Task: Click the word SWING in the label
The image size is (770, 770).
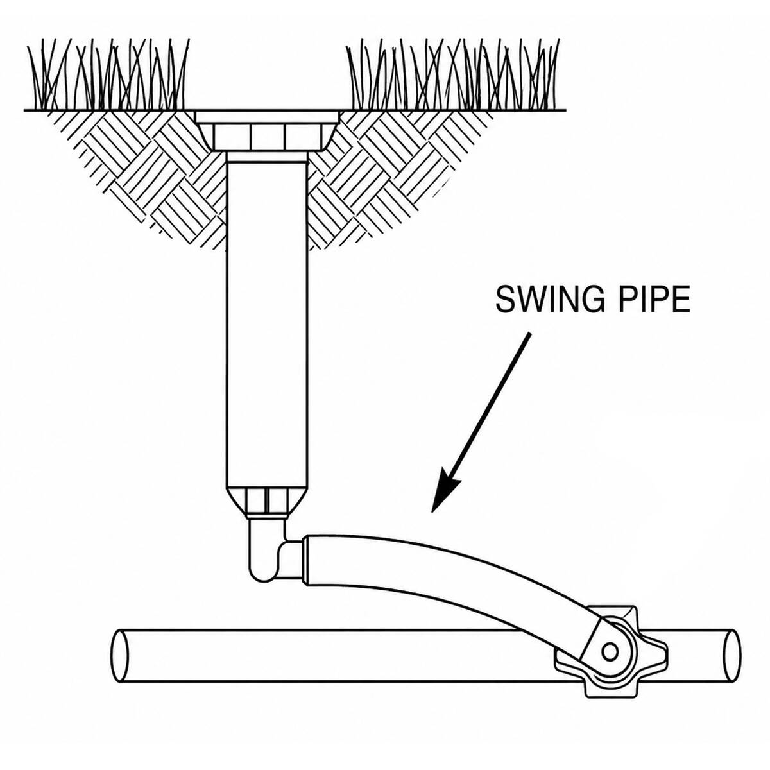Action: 547,299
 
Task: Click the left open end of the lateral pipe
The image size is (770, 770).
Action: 120,655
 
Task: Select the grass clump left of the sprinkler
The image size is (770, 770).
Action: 107,74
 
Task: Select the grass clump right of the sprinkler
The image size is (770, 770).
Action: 453,74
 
